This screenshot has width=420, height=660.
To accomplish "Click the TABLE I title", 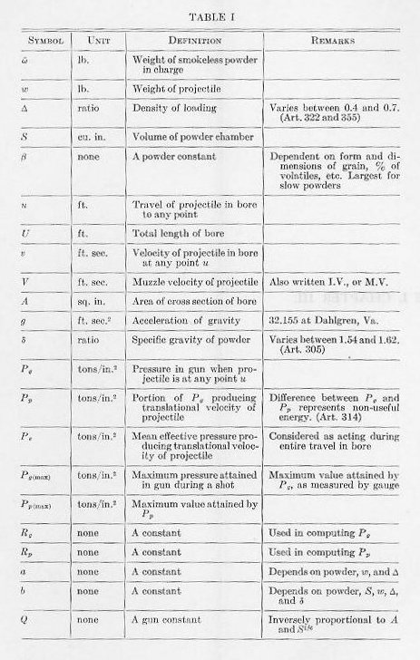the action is [x=210, y=17].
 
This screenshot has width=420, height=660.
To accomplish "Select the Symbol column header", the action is [x=44, y=41].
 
